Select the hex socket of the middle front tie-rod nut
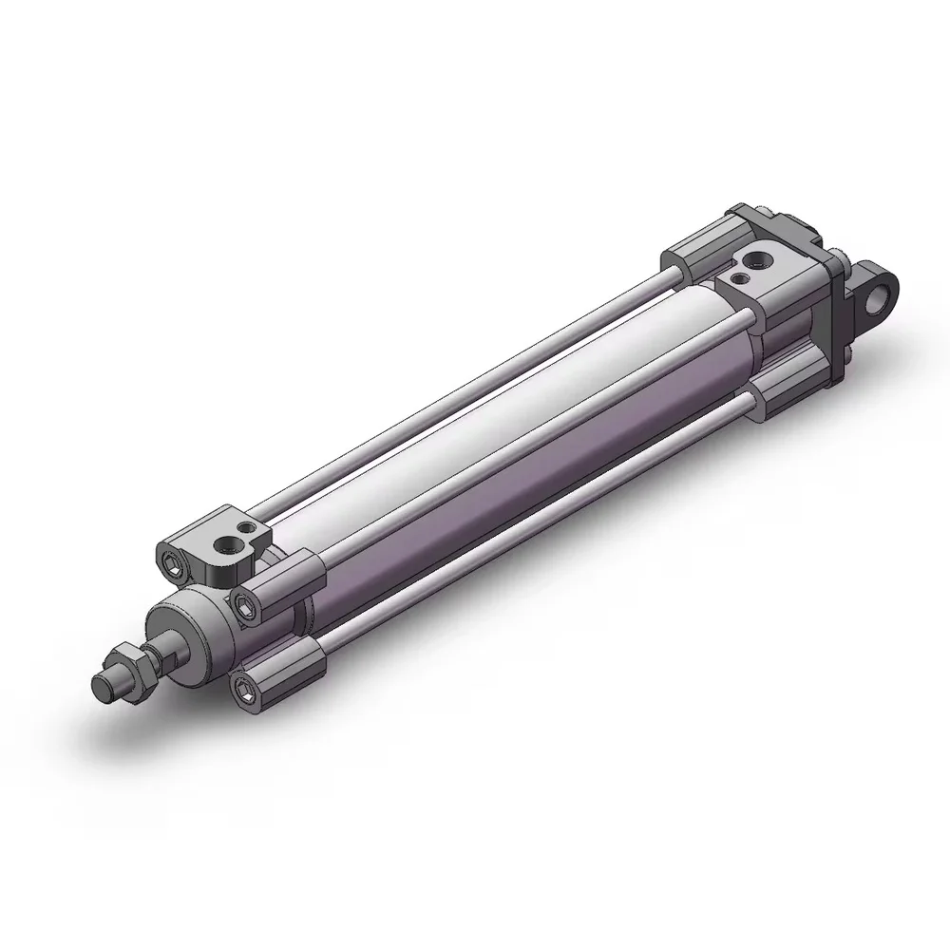(x=245, y=602)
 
